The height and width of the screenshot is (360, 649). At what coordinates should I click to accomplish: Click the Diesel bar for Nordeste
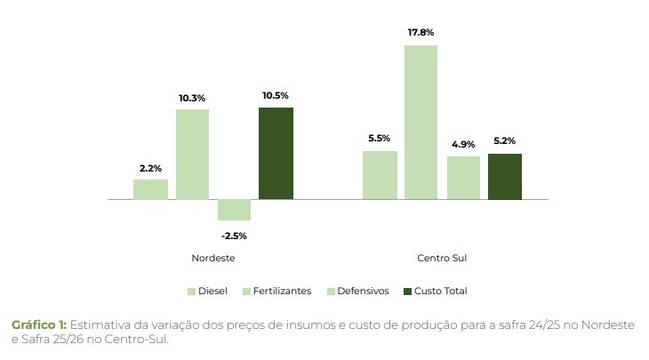tap(150, 189)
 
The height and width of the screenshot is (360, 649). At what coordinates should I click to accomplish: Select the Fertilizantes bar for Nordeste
tap(192, 155)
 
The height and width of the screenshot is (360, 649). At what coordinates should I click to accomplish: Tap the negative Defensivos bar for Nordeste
tap(234, 210)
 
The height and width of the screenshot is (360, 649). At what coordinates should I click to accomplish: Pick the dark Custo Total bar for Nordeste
tap(276, 153)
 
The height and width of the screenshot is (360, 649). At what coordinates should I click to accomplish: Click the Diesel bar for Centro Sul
tap(380, 175)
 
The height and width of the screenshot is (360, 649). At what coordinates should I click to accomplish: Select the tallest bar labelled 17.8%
tap(421, 123)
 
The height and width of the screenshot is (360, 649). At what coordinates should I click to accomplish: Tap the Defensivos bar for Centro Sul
tap(463, 178)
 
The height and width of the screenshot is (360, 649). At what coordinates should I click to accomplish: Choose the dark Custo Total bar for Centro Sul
tap(505, 176)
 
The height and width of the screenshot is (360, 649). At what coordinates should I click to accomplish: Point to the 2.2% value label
tap(150, 167)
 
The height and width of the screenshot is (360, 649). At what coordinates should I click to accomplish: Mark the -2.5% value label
tap(234, 236)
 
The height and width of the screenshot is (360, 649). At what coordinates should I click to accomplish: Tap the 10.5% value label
tap(276, 95)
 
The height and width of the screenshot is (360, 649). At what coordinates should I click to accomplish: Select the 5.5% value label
tap(380, 139)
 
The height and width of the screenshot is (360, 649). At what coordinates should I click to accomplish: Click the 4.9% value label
tap(463, 144)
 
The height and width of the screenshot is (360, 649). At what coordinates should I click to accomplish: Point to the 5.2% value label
tap(505, 140)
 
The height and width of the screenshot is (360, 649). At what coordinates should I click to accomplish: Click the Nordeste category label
tap(212, 259)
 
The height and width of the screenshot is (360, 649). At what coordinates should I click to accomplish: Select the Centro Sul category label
tap(442, 259)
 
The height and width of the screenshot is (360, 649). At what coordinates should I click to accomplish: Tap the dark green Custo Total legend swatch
tap(408, 292)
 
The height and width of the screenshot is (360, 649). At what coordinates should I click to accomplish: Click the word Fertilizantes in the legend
tap(282, 292)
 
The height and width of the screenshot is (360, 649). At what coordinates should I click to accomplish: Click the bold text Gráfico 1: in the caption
tap(38, 325)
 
